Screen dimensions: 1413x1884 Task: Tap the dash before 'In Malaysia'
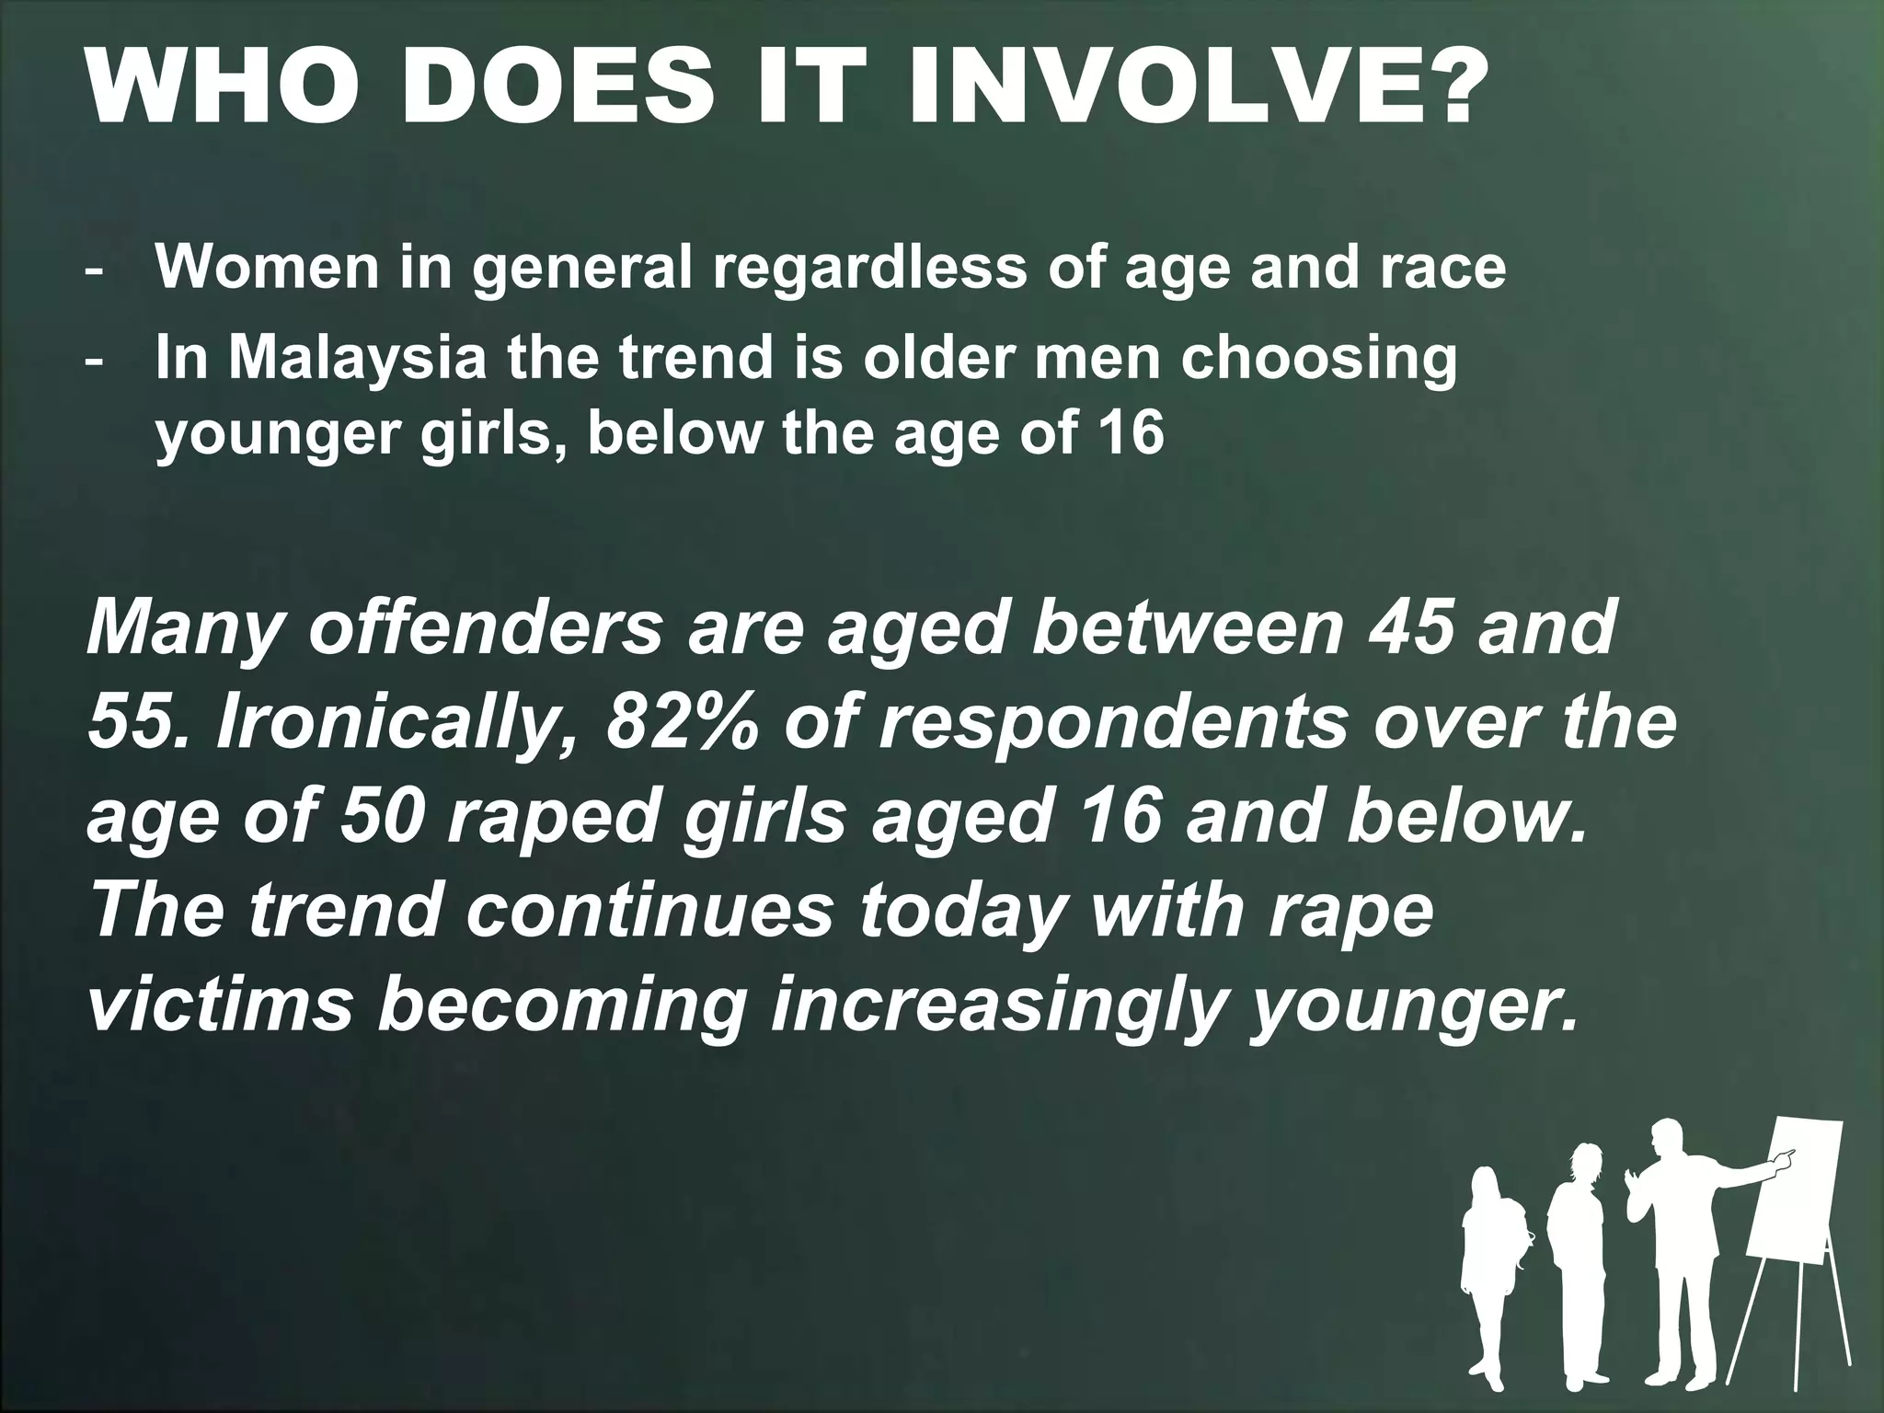94,361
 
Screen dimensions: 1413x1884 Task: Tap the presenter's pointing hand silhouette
1781,1160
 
